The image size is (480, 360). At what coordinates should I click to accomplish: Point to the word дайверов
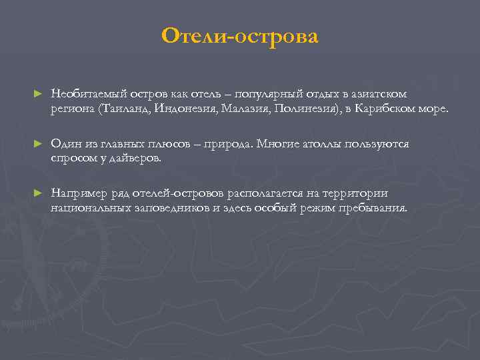(137, 159)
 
